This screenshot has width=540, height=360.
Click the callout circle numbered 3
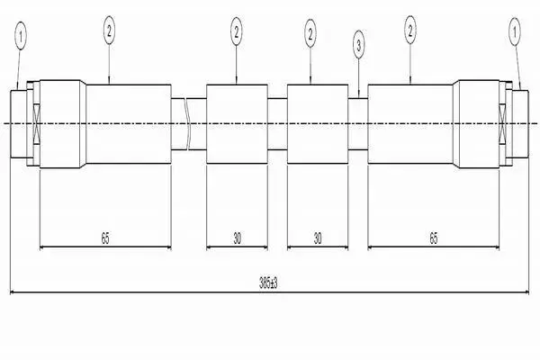click(x=358, y=45)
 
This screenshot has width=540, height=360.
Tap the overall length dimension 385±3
click(x=268, y=283)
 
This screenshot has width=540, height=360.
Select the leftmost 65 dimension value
click(x=105, y=238)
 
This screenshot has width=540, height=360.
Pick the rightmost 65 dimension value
click(x=434, y=238)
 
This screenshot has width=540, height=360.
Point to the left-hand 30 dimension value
click(x=238, y=238)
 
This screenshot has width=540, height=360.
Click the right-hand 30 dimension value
click(x=318, y=238)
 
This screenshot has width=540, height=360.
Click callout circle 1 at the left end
click(x=21, y=35)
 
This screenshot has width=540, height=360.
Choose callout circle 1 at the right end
click(x=515, y=32)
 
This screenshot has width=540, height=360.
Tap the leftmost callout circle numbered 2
click(x=109, y=31)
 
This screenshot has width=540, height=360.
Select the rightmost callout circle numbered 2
click(x=410, y=31)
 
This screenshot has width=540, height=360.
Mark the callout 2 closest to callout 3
click(x=310, y=33)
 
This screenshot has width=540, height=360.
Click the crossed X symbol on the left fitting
click(x=36, y=123)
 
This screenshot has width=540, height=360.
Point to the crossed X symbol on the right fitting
click(x=503, y=123)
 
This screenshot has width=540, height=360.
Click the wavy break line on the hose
click(x=188, y=124)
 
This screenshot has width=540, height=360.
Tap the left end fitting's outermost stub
click(x=18, y=124)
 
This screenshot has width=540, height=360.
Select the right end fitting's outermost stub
click(x=520, y=124)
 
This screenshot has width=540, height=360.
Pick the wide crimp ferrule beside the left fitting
click(x=63, y=124)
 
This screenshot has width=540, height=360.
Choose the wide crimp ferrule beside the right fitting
click(x=476, y=124)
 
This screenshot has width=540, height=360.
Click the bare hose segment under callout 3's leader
click(x=358, y=124)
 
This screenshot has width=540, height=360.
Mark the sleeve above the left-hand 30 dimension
click(x=237, y=124)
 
